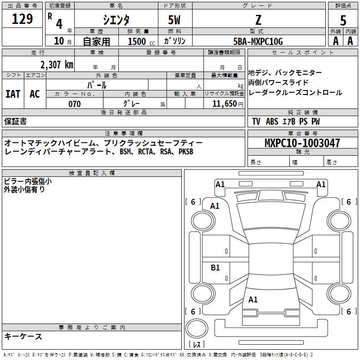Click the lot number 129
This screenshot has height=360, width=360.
click(23, 19)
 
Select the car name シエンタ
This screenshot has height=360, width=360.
click(116, 20)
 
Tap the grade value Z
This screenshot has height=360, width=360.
click(258, 20)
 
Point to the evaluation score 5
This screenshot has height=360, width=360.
click(343, 20)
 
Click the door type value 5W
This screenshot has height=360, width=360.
click(175, 20)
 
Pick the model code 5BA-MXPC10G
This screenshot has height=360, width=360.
click(258, 42)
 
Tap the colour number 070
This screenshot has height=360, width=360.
click(74, 104)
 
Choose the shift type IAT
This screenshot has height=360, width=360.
click(13, 94)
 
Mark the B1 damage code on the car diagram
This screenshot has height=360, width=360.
click(216, 268)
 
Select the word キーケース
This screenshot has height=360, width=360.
click(23, 336)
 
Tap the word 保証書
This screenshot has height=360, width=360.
click(15, 121)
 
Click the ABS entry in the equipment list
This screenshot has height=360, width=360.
click(272, 121)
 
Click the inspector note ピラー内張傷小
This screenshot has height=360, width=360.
click(28, 181)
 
